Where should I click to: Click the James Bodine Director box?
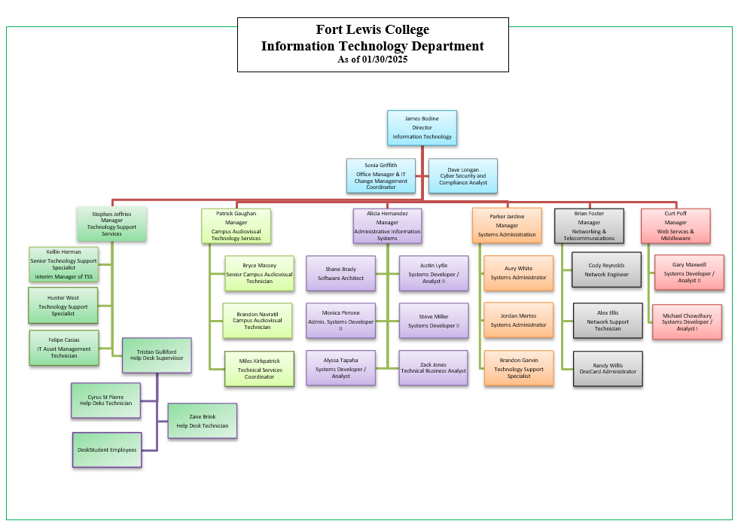(x=422, y=128)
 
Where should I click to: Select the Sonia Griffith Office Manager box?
(x=381, y=175)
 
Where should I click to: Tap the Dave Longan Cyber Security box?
(x=463, y=176)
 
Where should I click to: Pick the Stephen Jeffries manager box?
(x=111, y=224)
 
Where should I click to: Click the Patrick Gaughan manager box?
(x=236, y=226)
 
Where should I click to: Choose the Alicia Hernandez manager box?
(x=387, y=226)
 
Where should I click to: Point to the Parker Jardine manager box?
(x=507, y=225)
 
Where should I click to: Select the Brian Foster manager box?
(x=589, y=226)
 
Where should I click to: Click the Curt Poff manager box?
(x=675, y=226)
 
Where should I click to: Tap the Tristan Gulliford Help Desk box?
(x=157, y=355)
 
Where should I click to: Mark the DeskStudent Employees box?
(x=107, y=449)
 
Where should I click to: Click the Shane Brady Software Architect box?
(x=340, y=273)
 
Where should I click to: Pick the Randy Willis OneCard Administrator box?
(x=608, y=368)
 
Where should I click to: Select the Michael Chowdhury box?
(x=687, y=322)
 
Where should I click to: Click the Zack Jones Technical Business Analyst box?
(x=434, y=368)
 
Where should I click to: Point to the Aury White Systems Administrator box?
(x=518, y=273)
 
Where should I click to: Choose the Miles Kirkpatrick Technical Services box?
(x=259, y=369)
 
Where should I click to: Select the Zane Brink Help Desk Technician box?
(x=202, y=422)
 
